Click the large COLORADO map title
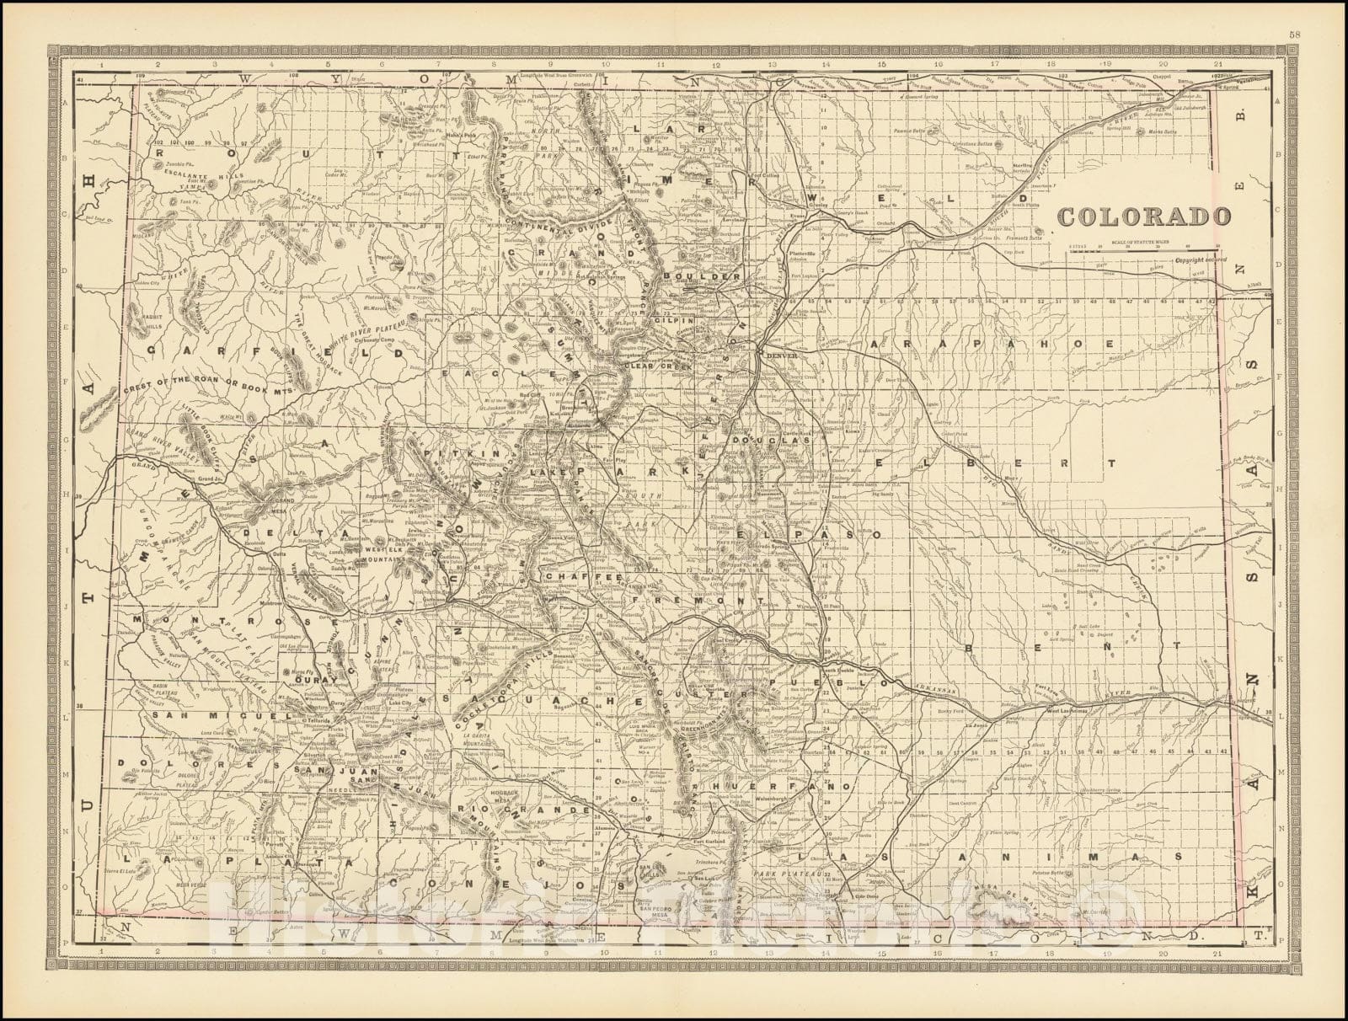tap(1142, 216)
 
